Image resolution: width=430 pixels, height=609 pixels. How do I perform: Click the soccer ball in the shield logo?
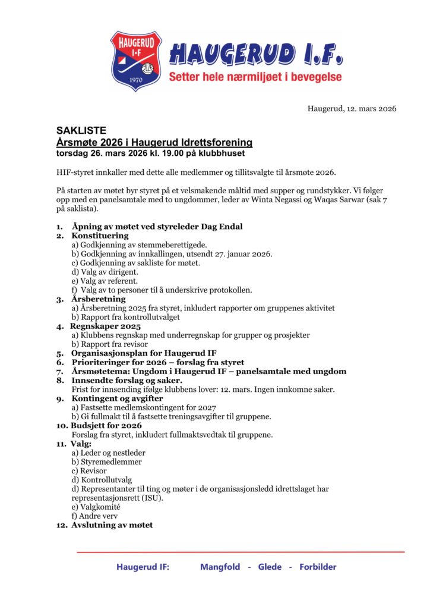[x=148, y=61]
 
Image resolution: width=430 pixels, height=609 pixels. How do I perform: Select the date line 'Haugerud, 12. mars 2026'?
[x=352, y=108]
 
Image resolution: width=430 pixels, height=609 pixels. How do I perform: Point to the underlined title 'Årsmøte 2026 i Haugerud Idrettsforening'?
[x=154, y=143]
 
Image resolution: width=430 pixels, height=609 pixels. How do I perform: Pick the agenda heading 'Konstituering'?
[x=100, y=236]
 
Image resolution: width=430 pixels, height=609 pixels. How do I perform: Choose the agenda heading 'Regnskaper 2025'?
[x=106, y=327]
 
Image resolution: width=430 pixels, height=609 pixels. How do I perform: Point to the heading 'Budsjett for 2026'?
[x=107, y=426]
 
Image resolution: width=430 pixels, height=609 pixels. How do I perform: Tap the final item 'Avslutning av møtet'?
[x=112, y=525]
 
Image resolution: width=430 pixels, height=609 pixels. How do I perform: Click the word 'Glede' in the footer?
[x=270, y=567]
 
